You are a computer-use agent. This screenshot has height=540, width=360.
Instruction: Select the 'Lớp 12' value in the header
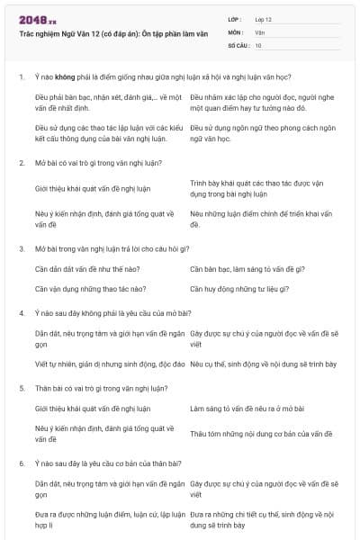click(x=264, y=19)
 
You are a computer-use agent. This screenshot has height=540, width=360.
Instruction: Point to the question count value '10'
click(x=258, y=44)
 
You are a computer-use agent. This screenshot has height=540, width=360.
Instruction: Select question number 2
click(x=21, y=163)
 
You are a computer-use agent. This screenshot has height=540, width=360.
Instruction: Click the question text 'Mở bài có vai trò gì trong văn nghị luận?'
click(x=100, y=163)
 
